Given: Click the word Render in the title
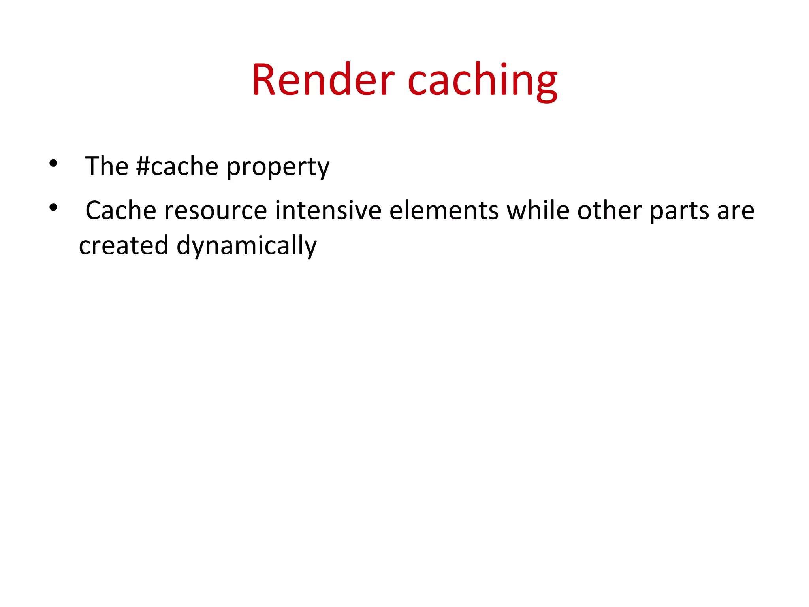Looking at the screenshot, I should click(323, 80).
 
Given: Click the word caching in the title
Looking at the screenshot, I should click(482, 81).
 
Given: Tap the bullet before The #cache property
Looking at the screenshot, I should click(53, 163).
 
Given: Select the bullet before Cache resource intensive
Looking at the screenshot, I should click(53, 207).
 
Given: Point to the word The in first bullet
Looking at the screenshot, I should click(107, 166).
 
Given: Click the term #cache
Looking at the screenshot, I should click(177, 166).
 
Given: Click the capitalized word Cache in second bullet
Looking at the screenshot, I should click(121, 210).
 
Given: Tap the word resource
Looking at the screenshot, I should click(216, 210).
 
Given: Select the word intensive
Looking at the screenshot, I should click(328, 210).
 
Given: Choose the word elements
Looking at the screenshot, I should click(444, 210).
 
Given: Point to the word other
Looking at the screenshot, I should click(609, 210).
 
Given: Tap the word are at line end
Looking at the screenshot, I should click(736, 211).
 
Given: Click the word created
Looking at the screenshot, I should click(124, 245).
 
